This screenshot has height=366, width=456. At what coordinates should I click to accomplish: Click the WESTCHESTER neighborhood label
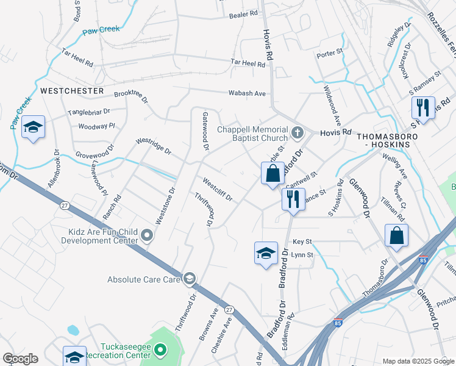72,90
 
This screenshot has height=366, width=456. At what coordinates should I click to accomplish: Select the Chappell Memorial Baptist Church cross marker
297,132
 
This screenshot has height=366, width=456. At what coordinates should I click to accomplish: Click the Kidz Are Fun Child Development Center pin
147,235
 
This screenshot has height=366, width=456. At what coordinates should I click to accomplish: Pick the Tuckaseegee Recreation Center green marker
160,350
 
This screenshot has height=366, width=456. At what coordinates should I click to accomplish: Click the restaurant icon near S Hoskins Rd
423,108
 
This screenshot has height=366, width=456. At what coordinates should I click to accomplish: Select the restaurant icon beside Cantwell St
293,199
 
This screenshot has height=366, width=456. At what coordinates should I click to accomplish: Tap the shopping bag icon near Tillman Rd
396,235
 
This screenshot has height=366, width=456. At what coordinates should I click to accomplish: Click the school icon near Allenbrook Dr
33,127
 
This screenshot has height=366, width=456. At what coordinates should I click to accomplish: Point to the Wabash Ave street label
247,93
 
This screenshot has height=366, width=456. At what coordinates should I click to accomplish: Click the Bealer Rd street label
244,15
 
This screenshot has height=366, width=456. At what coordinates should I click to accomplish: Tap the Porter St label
330,54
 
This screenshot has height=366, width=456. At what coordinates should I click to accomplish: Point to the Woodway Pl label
97,126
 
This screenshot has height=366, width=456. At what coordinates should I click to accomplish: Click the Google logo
20,359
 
